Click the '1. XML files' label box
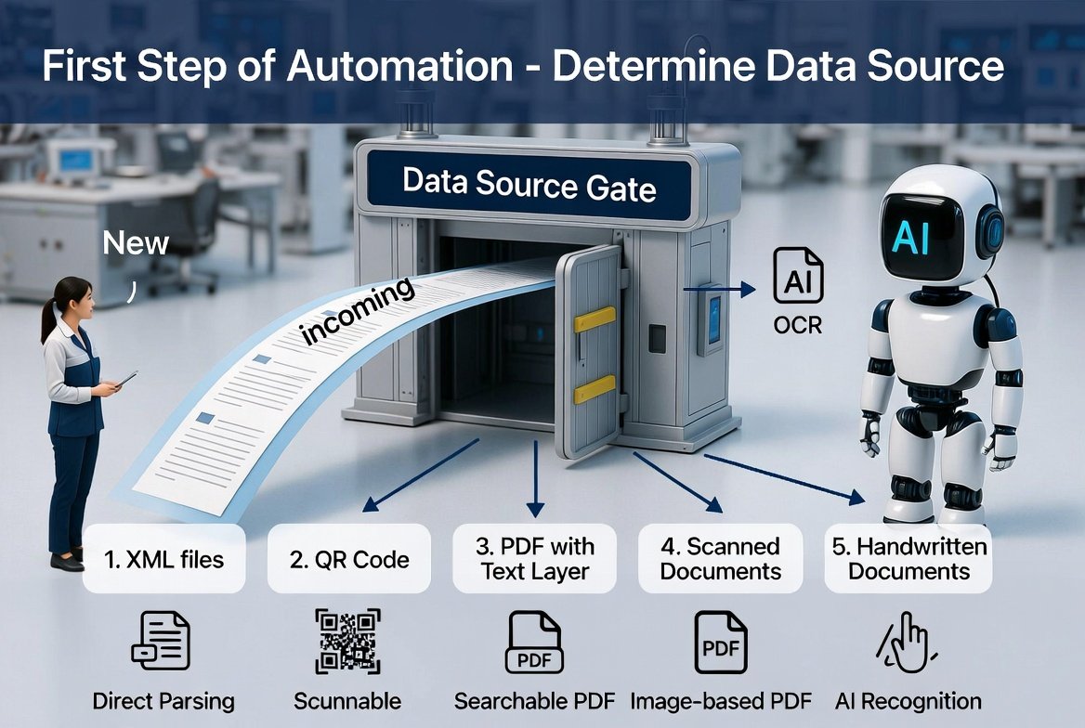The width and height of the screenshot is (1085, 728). pos(164,558)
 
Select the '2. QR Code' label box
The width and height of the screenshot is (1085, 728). pos(348,558)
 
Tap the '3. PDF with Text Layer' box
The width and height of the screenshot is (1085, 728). pos(534,558)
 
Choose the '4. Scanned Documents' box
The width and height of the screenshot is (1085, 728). pos(720,558)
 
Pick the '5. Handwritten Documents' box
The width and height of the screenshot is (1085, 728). pos(909,558)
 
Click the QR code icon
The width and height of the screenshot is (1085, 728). pos(348,641)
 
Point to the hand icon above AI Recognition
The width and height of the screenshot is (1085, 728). pos(907,643)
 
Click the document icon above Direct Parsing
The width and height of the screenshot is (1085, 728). pos(162,640)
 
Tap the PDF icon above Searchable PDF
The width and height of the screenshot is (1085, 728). pos(534,643)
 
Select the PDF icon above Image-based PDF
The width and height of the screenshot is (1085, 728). pos(720,643)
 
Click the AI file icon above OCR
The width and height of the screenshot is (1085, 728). pos(798,276)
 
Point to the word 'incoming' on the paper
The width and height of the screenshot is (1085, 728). pos(358,310)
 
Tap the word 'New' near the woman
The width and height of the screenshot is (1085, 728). pos(136,243)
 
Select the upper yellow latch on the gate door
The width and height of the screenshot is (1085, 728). pos(595,319)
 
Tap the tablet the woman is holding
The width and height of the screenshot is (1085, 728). pos(126,379)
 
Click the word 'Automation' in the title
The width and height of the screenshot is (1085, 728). pos(399,67)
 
